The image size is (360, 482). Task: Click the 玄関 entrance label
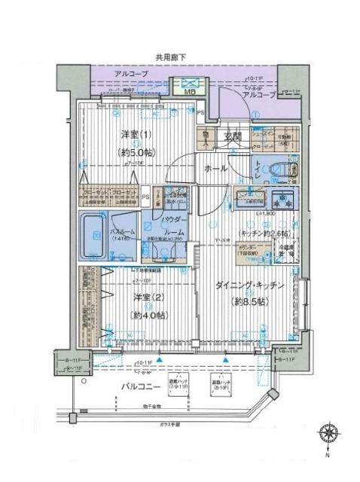[233, 137]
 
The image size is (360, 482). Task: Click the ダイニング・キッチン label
[250, 287]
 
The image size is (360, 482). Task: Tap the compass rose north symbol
[328, 435]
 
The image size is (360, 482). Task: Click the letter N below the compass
[328, 455]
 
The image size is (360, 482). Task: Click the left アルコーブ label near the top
[130, 73]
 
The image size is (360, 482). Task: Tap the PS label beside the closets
[146, 199]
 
